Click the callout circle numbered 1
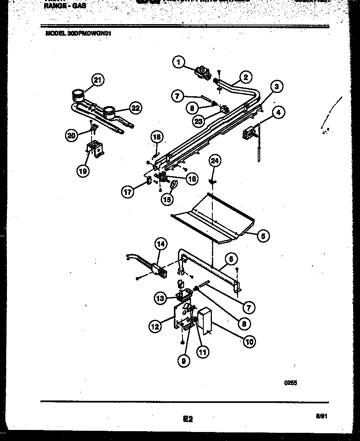point(178,62)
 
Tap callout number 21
point(97,80)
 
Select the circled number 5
point(263,235)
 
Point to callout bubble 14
point(161,244)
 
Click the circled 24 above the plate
point(215,161)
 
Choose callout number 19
point(83,171)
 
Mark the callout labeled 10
point(248,341)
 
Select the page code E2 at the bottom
point(187,419)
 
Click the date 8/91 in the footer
point(322,416)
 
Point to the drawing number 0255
point(290,383)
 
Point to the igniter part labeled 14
point(158,270)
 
